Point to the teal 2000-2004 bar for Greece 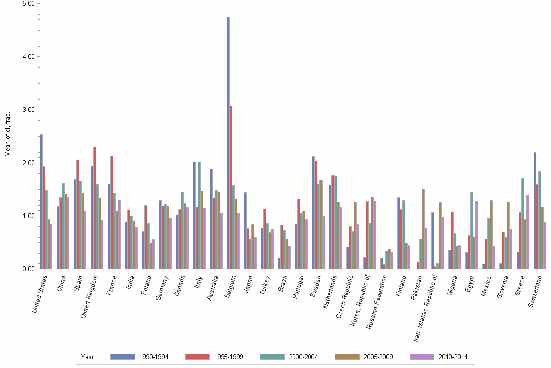pos(523,223)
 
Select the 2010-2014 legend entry pos(440,357)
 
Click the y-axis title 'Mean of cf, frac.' pos(7,134)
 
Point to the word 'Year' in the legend pos(88,357)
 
